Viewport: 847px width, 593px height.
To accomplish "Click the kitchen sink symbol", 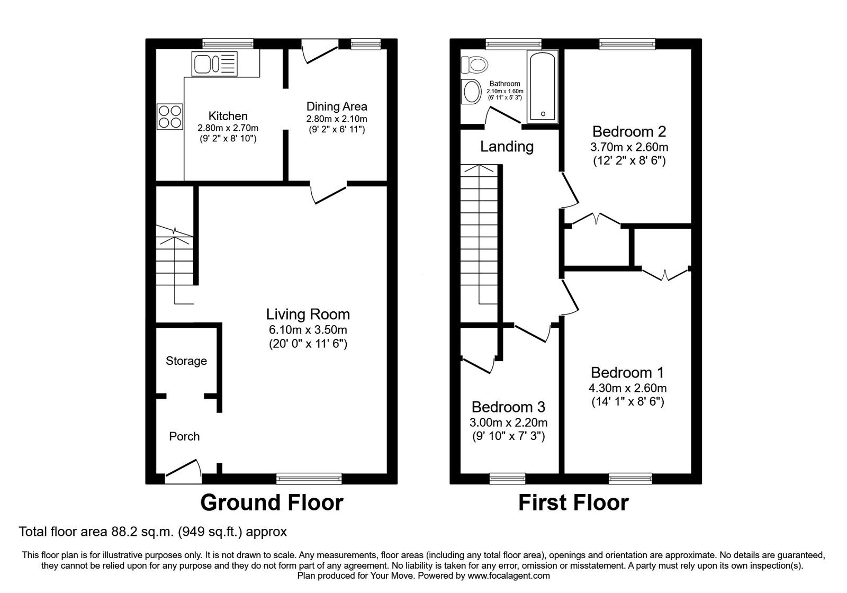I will click(214, 64).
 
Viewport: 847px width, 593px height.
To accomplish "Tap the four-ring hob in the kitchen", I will click(169, 116).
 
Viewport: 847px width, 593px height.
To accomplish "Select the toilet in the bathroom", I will click(474, 65).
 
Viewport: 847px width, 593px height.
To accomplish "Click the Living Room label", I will click(308, 315).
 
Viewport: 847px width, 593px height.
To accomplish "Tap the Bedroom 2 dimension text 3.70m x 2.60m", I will click(629, 147).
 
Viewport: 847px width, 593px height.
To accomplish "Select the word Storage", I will click(186, 361).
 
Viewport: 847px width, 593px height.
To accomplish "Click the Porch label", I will click(184, 437).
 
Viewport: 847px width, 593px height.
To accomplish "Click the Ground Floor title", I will click(272, 502).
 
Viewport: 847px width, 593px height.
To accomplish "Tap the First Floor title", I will click(573, 502).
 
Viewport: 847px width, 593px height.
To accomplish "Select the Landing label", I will click(507, 147).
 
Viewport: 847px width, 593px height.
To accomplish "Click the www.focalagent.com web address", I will click(508, 576).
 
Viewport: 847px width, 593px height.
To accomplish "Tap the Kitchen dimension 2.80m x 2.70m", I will click(228, 128).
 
